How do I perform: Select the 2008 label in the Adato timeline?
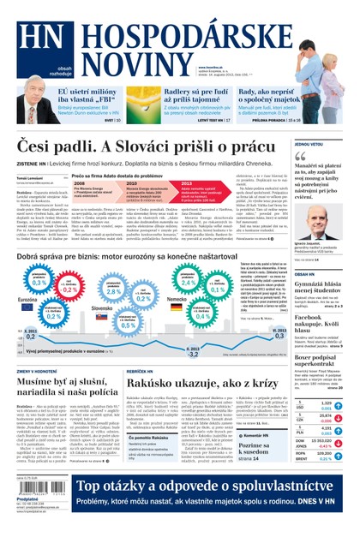pos(79,183)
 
